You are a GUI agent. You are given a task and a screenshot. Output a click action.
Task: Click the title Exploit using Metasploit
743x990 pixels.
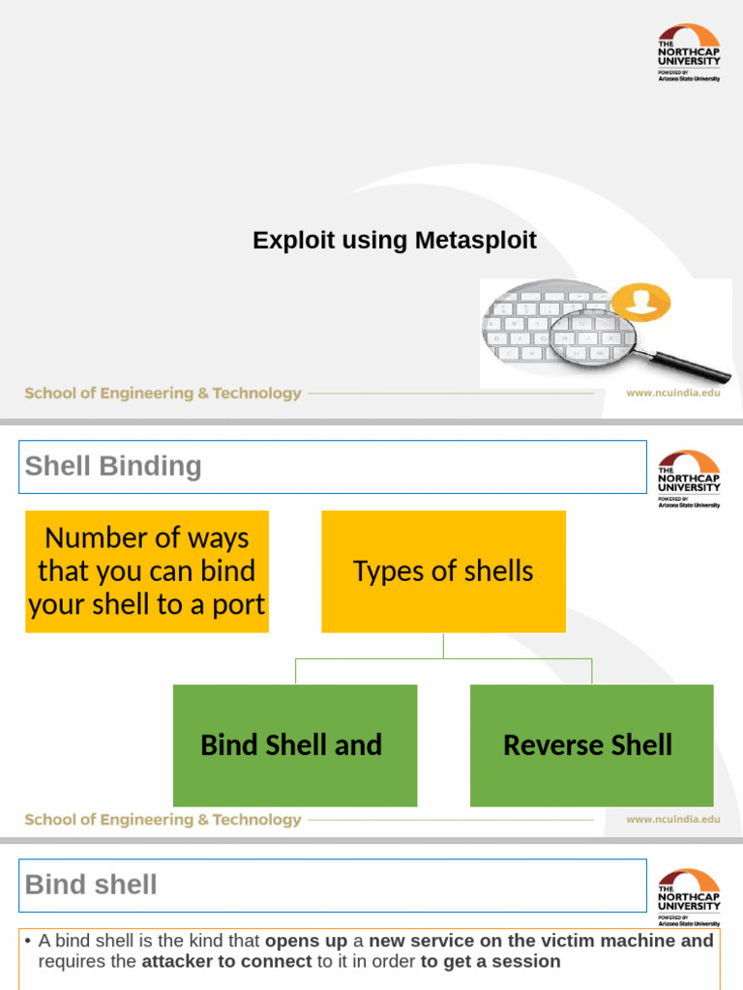coord(395,241)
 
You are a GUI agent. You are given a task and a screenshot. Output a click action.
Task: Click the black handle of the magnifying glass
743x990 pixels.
coord(691,367)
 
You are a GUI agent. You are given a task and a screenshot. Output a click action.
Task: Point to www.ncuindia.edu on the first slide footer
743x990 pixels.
coord(673,393)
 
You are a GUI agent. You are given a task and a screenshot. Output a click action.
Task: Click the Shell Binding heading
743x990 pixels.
coord(113,466)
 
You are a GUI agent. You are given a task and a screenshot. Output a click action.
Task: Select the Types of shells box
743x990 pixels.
coord(443,571)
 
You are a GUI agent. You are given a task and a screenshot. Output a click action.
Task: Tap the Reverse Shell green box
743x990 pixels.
coord(591,745)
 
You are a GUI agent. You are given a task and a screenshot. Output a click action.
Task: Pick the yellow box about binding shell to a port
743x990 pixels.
coord(147,571)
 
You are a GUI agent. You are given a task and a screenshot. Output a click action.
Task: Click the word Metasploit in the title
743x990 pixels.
coord(476,241)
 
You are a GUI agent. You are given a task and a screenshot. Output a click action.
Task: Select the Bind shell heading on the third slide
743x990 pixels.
coord(91,885)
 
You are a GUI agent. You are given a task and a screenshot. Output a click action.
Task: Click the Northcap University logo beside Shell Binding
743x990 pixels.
coord(689,479)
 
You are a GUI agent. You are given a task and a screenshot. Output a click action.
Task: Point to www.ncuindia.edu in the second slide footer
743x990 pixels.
coord(673,819)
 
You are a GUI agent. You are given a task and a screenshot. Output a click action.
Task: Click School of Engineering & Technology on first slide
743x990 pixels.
coord(163,393)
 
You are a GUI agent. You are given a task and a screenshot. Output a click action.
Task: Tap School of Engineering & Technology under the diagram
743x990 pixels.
coord(163,820)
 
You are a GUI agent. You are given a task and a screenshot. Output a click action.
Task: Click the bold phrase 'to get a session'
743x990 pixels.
coord(490,961)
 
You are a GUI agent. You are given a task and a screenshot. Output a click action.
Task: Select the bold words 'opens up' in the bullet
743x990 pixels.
coord(306,941)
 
